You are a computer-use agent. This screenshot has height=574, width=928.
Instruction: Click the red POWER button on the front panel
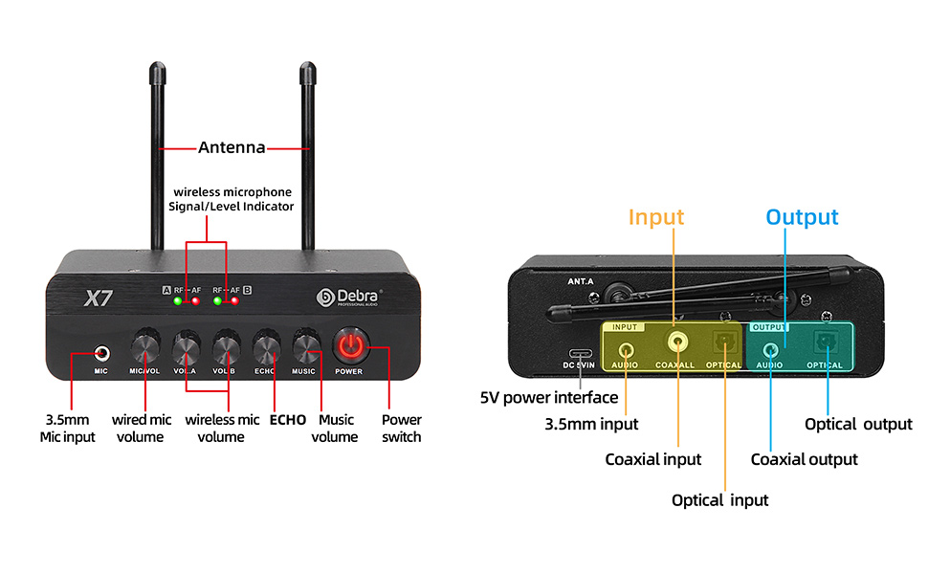pyautogui.click(x=349, y=345)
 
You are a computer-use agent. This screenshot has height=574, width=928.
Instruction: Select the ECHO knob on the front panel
pyautogui.click(x=265, y=345)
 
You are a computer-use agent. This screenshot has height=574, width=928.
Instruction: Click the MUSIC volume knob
pyautogui.click(x=305, y=345)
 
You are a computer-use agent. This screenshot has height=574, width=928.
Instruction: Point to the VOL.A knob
pyautogui.click(x=186, y=345)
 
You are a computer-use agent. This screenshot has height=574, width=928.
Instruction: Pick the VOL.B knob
pyautogui.click(x=226, y=345)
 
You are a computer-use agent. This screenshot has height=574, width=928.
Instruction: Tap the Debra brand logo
pyautogui.click(x=348, y=298)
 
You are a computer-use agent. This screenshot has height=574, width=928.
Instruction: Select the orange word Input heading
pyautogui.click(x=655, y=217)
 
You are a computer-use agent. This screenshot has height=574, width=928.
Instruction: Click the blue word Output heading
pyautogui.click(x=802, y=217)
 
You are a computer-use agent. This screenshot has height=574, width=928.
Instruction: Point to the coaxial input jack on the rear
pyautogui.click(x=678, y=341)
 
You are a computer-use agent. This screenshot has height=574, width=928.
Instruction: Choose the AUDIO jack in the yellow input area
pyautogui.click(x=627, y=343)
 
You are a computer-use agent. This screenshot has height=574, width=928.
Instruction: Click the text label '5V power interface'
pyautogui.click(x=548, y=397)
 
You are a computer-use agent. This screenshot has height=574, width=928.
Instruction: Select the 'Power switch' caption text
pyautogui.click(x=402, y=428)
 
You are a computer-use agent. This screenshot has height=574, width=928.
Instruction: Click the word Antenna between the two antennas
pyautogui.click(x=231, y=147)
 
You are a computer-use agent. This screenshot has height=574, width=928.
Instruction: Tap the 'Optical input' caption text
pyautogui.click(x=719, y=499)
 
